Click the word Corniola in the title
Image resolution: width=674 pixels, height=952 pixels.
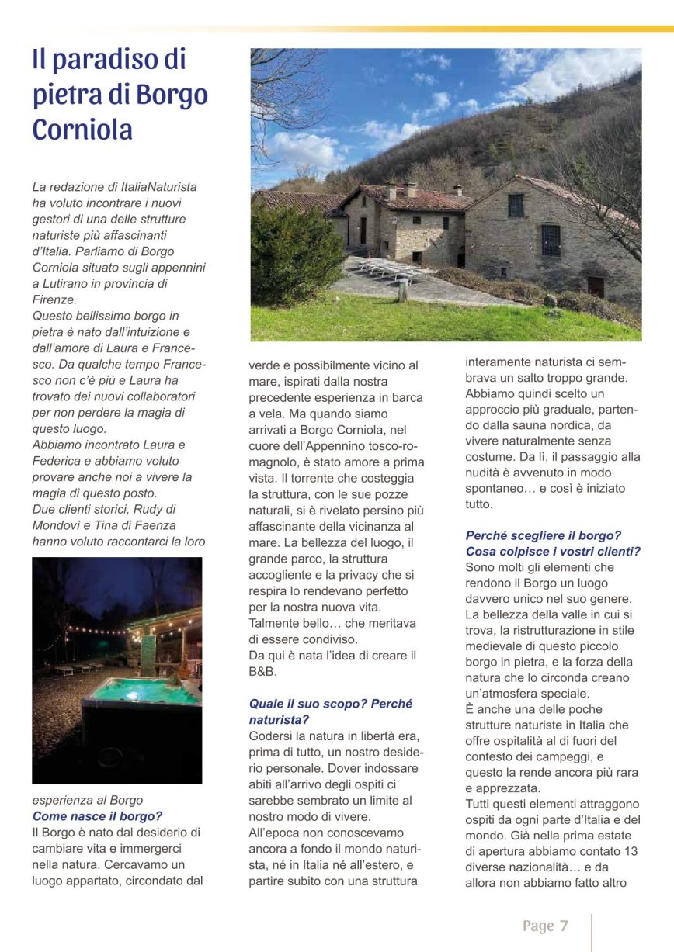point(82,130)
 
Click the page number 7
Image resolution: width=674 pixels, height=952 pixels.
point(564,926)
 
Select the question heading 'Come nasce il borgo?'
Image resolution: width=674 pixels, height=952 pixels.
point(97,815)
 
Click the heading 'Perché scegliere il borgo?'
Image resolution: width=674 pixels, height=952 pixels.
point(543,535)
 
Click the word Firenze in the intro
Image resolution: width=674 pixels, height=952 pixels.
point(54,299)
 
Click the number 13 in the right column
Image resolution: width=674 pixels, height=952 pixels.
point(631,850)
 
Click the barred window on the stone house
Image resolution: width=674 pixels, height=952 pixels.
point(551,240)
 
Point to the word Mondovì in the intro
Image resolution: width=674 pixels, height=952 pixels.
point(57,525)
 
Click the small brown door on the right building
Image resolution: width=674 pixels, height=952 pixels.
point(596,286)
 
